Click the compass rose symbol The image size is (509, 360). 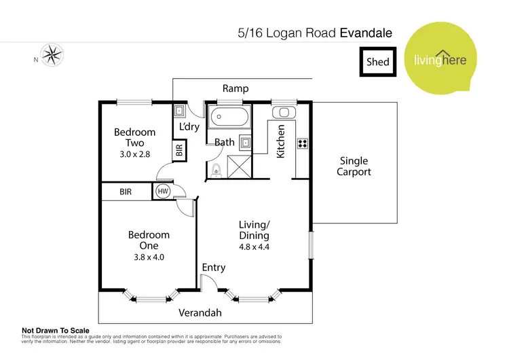tap(51, 54)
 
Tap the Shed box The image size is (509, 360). tap(378, 61)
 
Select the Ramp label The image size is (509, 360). tap(235, 88)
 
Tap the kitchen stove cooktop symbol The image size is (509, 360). tap(302, 143)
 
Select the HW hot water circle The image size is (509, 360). tap(163, 192)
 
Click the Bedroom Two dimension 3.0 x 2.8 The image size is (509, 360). tap(134, 154)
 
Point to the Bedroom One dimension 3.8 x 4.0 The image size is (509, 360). tap(149, 257)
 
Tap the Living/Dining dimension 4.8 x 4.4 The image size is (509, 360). tap(254, 247)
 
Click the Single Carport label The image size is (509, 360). tap(354, 166)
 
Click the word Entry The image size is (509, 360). tap(213, 268)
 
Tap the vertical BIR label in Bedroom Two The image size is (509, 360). tap(179, 151)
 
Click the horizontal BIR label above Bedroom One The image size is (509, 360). tap(126, 192)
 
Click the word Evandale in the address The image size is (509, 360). tap(366, 32)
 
